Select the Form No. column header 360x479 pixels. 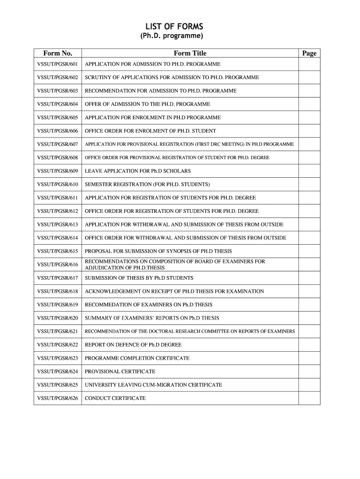58,53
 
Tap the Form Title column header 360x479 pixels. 190,53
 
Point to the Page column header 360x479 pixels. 309,53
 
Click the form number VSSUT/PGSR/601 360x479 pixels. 58,64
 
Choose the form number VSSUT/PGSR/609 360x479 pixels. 58,171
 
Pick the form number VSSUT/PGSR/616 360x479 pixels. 58,265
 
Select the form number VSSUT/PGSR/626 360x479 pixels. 58,399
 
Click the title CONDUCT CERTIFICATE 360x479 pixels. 115,399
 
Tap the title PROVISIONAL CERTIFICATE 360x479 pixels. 120,371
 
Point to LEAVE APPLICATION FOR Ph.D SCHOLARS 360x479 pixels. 137,171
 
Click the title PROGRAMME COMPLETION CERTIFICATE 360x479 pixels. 137,358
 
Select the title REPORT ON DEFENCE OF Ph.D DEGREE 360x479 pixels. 133,345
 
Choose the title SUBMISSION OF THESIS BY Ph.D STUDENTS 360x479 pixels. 139,278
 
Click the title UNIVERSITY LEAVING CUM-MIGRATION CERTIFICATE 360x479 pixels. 153,385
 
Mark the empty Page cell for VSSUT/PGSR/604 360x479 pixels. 309,104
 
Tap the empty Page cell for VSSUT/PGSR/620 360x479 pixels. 309,318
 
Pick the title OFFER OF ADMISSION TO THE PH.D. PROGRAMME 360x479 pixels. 147,104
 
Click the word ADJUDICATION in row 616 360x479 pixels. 103,268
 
